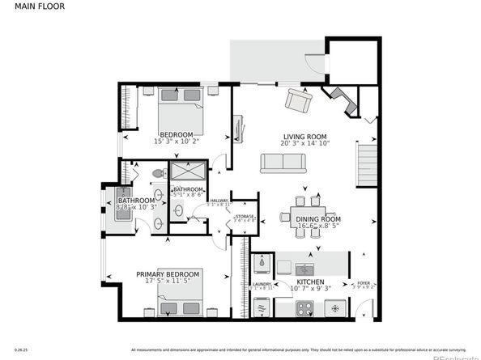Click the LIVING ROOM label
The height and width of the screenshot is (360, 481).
coord(304,136)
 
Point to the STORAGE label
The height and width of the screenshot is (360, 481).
coord(245,216)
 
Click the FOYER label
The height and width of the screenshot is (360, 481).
coord(364,283)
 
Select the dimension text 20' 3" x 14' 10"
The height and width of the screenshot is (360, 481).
coord(304,143)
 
